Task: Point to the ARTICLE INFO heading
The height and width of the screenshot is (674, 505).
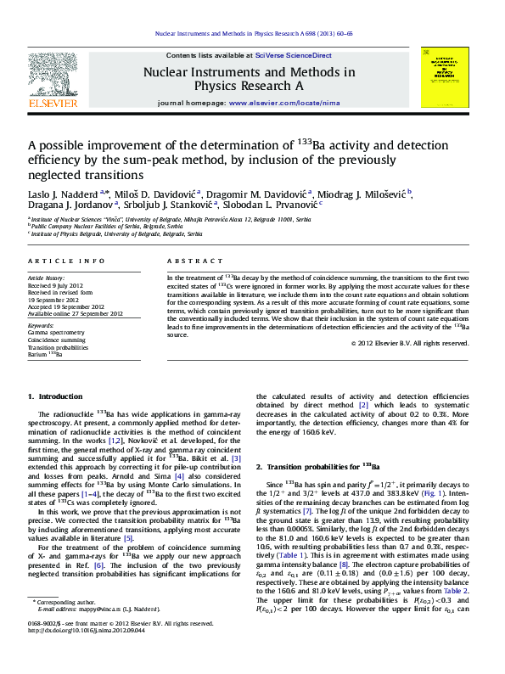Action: tap(66, 261)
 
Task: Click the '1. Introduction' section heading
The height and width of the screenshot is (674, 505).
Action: tap(55, 396)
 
